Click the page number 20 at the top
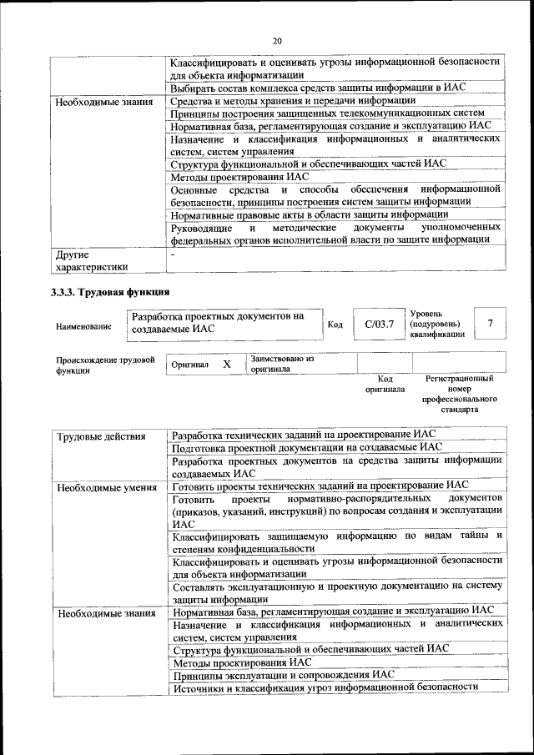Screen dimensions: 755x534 [x=277, y=41]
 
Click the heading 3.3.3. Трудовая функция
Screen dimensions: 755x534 [x=110, y=292]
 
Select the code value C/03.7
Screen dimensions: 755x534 [x=373, y=324]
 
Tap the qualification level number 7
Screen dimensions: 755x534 [x=490, y=323]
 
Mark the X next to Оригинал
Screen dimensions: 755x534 [x=226, y=365]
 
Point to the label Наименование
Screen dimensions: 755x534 [x=83, y=327]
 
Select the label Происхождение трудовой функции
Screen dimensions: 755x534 [x=105, y=366]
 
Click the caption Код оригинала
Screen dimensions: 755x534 [x=385, y=384]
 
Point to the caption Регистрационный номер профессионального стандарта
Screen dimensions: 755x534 [x=460, y=394]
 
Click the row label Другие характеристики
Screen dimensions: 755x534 [x=92, y=260]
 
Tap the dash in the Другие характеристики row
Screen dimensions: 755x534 [x=173, y=254]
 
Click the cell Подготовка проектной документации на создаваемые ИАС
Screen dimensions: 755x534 [x=305, y=447]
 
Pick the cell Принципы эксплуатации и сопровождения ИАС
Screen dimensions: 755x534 [x=283, y=674]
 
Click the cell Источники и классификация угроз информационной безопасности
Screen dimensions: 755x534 [x=325, y=687]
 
